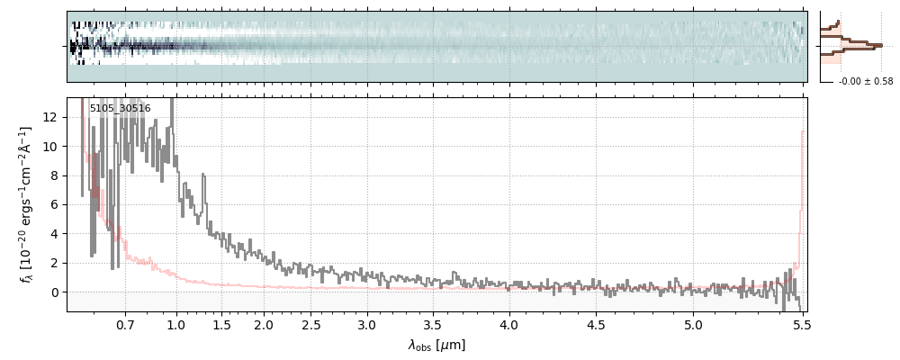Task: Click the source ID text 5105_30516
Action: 120,109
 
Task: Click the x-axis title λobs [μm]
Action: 436,345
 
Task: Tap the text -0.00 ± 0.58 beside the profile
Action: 866,82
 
